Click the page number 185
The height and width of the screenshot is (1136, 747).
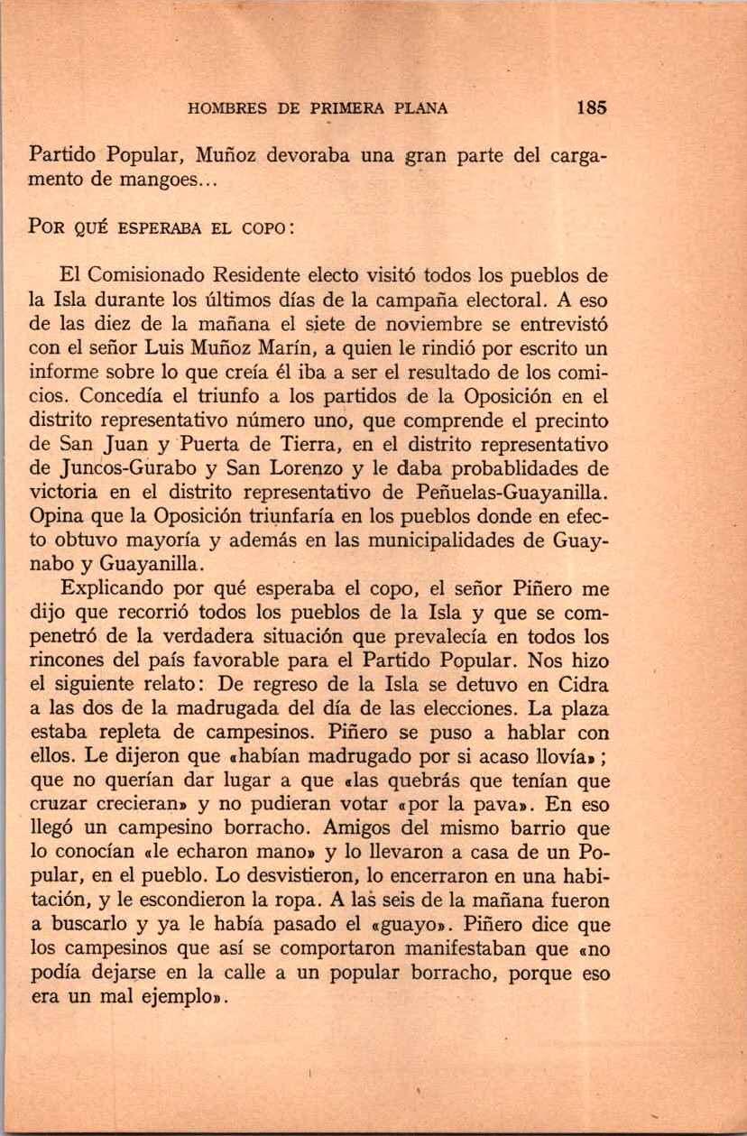[x=591, y=107]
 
